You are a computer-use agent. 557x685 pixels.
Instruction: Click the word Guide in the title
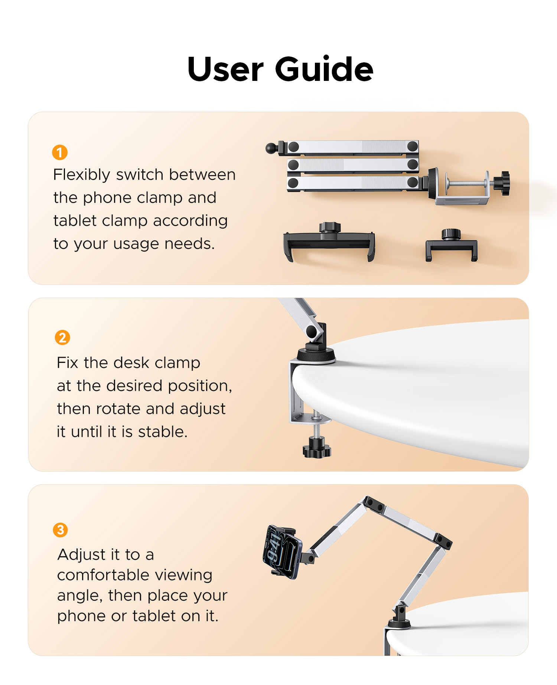[x=324, y=69]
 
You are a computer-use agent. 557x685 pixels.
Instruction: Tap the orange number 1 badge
[x=60, y=153]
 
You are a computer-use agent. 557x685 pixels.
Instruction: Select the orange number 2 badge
[x=62, y=338]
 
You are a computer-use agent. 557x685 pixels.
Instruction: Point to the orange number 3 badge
[x=61, y=530]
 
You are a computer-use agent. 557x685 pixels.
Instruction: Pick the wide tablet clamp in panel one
[x=329, y=242]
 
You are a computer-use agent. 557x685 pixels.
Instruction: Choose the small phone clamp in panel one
[x=451, y=246]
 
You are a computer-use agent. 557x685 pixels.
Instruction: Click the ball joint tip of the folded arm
[x=271, y=148]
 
